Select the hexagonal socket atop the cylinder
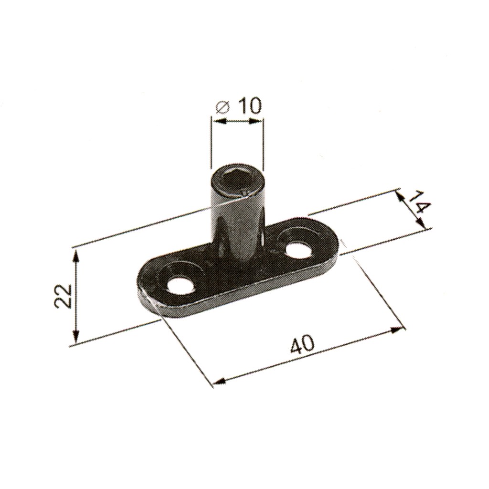pos(236,181)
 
